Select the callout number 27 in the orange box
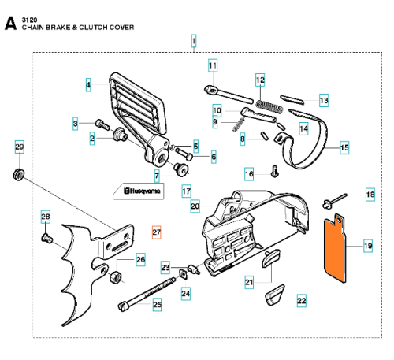[156, 232]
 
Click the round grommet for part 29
[19, 175]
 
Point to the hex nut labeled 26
[114, 277]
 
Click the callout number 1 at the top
[194, 41]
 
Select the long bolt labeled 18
[334, 201]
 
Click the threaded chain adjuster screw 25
[147, 294]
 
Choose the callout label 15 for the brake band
[344, 148]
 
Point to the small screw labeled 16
[274, 171]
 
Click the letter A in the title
[10, 24]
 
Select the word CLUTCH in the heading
[92, 28]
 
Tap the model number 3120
[29, 20]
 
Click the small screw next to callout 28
[47, 239]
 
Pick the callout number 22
[301, 300]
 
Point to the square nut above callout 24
[183, 273]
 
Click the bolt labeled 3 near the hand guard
[102, 124]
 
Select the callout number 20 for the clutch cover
[195, 206]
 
